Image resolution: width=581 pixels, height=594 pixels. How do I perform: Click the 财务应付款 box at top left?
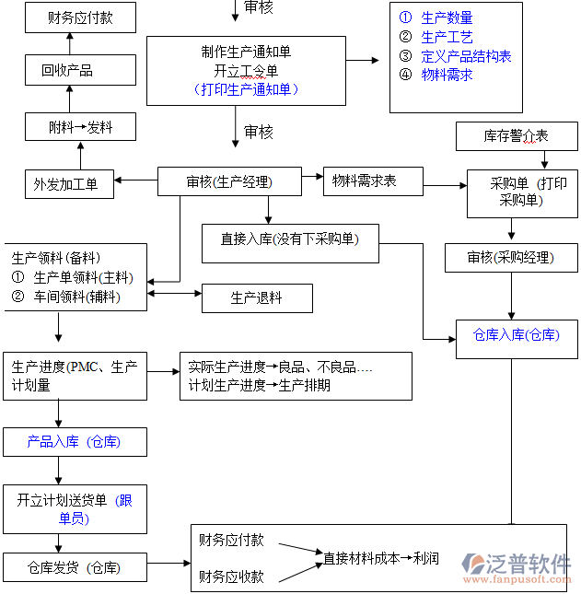tap(80, 17)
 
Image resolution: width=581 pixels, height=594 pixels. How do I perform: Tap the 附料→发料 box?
tap(80, 127)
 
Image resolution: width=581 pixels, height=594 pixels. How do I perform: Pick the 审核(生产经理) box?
tap(229, 181)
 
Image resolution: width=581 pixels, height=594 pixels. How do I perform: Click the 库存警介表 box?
tap(516, 136)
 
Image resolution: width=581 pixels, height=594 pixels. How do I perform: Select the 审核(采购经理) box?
tap(511, 258)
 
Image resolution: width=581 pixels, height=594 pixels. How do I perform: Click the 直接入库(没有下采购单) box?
tap(290, 239)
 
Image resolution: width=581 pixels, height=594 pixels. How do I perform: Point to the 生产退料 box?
tap(257, 298)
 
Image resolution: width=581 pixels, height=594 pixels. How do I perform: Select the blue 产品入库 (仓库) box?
tap(74, 442)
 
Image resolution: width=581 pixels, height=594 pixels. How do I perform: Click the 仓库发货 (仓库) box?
tap(74, 567)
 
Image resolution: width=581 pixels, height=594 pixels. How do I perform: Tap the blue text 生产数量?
tap(447, 17)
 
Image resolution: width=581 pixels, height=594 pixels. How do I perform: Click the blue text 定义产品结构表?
tap(465, 56)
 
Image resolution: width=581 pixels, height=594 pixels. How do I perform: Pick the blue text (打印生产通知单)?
tap(246, 89)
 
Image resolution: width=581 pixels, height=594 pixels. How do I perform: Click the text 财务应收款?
tap(231, 577)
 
